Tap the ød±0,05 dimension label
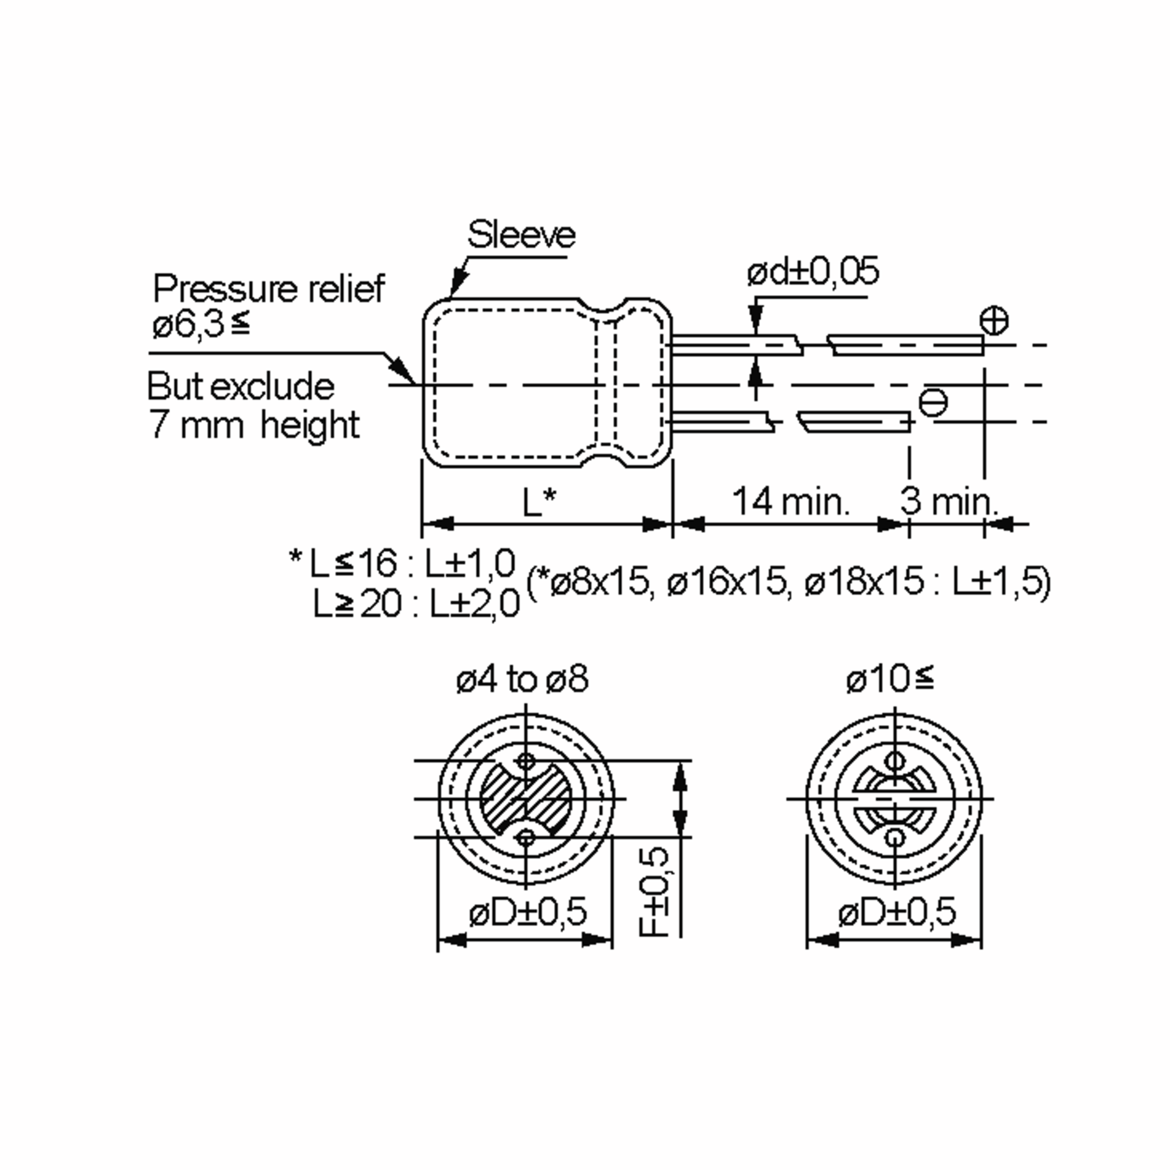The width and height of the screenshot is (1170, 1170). [x=812, y=272]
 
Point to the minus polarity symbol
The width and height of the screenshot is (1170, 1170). [x=933, y=403]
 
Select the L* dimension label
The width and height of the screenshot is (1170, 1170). [x=539, y=502]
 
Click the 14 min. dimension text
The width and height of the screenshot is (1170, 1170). [x=790, y=502]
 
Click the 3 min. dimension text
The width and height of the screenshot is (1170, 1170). [x=948, y=502]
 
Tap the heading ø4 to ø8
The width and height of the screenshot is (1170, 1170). [x=522, y=679]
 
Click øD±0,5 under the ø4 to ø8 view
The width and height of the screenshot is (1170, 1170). [x=527, y=911]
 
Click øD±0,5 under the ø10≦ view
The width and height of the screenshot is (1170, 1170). [x=897, y=911]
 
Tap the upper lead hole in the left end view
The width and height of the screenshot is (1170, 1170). [x=526, y=760]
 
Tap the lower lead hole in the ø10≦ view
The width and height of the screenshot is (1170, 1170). [x=895, y=838]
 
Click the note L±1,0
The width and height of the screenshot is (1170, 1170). [x=469, y=563]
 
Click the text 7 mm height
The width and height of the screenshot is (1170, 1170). [x=254, y=425]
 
